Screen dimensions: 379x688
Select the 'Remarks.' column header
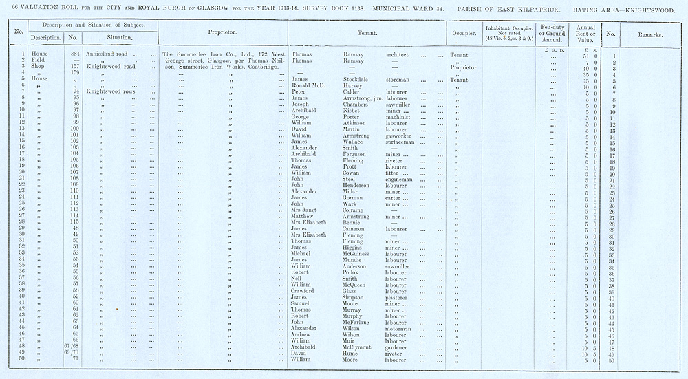(650, 33)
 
